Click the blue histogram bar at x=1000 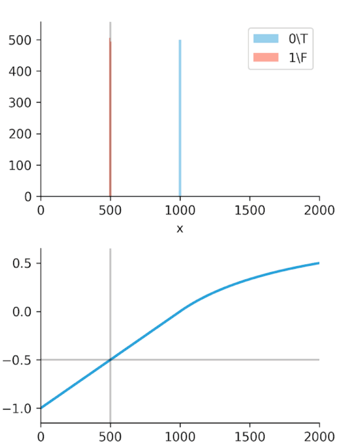click(x=180, y=120)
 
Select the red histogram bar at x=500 click(x=110, y=120)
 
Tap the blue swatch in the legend click(x=266, y=39)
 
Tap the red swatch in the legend click(x=266, y=58)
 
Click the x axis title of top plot click(x=179, y=229)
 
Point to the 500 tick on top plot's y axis click(x=24, y=40)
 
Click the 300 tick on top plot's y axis click(x=24, y=103)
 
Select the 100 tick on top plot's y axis click(x=24, y=165)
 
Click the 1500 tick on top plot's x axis click(x=250, y=210)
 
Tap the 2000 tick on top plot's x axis click(x=319, y=210)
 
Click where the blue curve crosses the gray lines click(x=110, y=360)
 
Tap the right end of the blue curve click(x=319, y=263)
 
